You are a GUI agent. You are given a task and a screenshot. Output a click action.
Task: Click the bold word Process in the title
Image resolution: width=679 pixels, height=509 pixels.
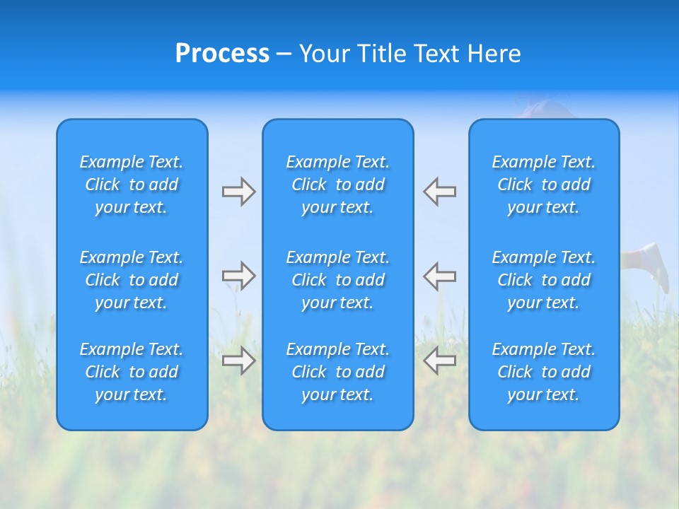pos(222,54)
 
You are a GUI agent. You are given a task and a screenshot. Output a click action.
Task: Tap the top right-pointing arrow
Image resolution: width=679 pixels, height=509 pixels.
pos(238,192)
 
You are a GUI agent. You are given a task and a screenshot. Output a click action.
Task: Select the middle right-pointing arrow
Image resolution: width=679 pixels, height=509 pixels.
pos(238,276)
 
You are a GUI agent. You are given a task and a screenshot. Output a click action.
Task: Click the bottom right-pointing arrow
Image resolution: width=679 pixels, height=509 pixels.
pos(238,361)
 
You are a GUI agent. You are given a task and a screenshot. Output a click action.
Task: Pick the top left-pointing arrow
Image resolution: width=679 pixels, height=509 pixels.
pos(439,192)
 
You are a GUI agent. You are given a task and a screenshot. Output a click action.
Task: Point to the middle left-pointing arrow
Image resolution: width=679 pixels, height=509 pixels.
pos(439,276)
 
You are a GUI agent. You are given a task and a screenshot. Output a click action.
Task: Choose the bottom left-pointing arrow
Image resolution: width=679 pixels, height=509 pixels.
pos(439,361)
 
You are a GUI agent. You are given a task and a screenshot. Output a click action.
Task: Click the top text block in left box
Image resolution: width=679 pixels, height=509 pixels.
pos(132,185)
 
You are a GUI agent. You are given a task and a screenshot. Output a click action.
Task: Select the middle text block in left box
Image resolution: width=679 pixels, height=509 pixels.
pos(132,280)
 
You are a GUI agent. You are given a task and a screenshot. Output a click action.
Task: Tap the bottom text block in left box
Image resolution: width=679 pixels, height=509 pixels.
pos(132,372)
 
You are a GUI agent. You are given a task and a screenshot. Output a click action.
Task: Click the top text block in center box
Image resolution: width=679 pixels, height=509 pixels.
pos(337,185)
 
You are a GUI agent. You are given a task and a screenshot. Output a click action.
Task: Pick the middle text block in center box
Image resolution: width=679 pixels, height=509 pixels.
pos(337,280)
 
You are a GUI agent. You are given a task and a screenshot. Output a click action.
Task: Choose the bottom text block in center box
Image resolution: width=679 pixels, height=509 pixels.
pos(337,372)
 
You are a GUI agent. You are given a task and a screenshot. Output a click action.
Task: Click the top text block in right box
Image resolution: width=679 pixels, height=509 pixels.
pos(543,185)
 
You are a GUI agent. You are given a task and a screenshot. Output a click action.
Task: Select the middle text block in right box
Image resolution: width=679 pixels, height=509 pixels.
pos(543,280)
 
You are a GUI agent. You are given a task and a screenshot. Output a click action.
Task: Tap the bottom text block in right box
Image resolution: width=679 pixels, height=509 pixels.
pos(543,372)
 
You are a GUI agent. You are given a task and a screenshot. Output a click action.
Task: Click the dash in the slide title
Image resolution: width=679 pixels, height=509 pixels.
pos(284,54)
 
